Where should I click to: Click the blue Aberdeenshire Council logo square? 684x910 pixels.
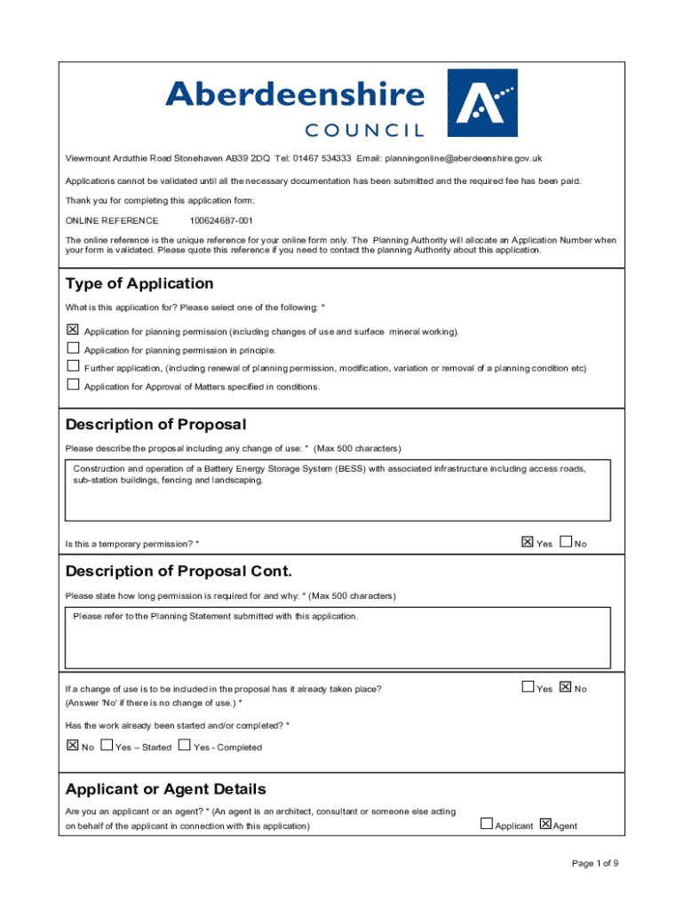tap(481, 102)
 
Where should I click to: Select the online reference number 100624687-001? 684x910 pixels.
tap(221, 220)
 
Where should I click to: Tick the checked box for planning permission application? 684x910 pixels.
tap(73, 330)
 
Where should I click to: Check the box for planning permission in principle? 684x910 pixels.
tap(73, 348)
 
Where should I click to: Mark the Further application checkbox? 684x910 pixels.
tap(73, 366)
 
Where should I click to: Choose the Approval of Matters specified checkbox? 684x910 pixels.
tap(73, 385)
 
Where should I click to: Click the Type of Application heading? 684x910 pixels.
tap(139, 283)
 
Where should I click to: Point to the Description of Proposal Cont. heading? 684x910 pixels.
tap(179, 571)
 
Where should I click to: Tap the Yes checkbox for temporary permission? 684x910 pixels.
tap(527, 541)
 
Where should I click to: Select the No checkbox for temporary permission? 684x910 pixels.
tap(566, 541)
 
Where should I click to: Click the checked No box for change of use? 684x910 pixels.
tap(566, 687)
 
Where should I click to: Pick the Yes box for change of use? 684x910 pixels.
tap(527, 687)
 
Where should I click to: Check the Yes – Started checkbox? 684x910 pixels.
tap(107, 746)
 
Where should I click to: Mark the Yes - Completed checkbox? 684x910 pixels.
tap(185, 746)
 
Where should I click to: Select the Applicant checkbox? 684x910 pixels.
tap(486, 824)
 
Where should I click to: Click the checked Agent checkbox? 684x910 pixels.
tap(545, 824)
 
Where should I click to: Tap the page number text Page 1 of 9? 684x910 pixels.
tap(595, 863)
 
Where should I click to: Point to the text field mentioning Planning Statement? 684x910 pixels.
tap(338, 636)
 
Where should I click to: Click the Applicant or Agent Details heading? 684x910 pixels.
tap(165, 789)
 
